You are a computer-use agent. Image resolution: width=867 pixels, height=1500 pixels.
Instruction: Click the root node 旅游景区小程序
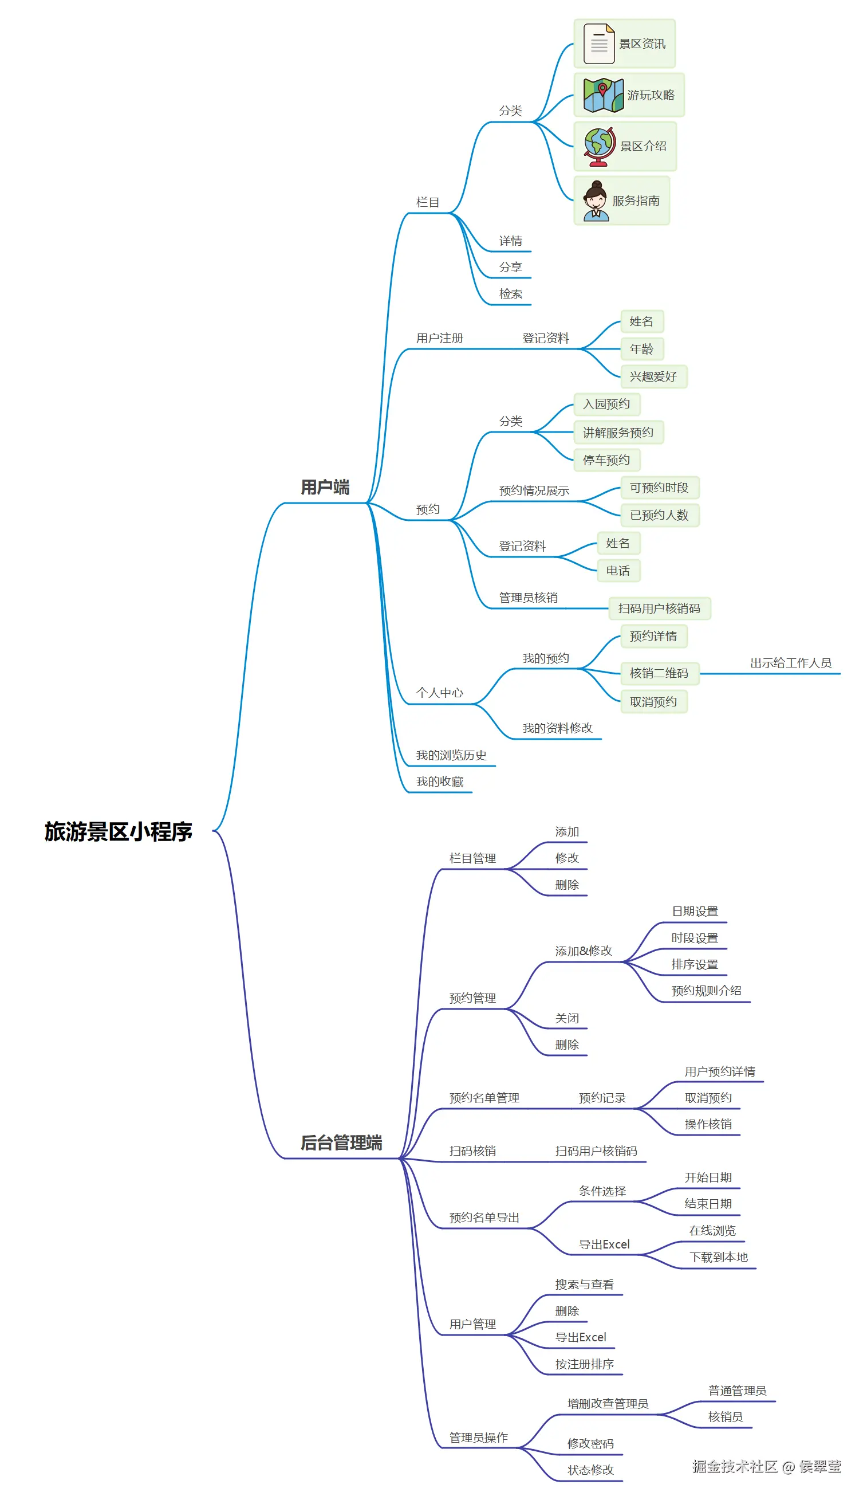pyautogui.click(x=119, y=831)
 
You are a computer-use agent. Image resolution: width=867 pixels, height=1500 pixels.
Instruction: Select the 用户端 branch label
pyautogui.click(x=325, y=487)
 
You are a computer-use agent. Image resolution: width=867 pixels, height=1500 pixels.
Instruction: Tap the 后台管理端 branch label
pyautogui.click(x=341, y=1142)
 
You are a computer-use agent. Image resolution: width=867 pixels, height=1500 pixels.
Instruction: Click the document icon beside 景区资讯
pyautogui.click(x=598, y=44)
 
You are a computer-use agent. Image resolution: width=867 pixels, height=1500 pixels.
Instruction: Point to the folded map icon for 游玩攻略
pyautogui.click(x=603, y=95)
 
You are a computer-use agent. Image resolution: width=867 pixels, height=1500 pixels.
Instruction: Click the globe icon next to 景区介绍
pyautogui.click(x=598, y=147)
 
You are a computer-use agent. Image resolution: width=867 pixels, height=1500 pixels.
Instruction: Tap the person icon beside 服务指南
pyautogui.click(x=596, y=201)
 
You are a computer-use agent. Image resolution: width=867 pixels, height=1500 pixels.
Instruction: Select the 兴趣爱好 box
pyautogui.click(x=653, y=376)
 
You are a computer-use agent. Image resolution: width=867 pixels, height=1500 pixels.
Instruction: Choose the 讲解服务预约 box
pyautogui.click(x=618, y=432)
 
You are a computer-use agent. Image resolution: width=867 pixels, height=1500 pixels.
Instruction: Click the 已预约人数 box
pyautogui.click(x=659, y=515)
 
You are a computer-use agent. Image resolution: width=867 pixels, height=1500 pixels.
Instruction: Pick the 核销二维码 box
pyautogui.click(x=659, y=673)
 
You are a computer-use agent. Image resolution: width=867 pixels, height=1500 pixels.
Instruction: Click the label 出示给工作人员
pyautogui.click(x=790, y=662)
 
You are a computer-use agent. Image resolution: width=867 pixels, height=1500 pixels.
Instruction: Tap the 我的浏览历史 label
pyautogui.click(x=451, y=755)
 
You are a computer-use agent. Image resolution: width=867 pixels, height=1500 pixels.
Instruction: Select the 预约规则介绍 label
pyautogui.click(x=706, y=990)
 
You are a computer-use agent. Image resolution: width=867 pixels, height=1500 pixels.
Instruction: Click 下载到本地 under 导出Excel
pyautogui.click(x=718, y=1256)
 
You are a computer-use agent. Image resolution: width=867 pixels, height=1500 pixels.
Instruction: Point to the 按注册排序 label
pyautogui.click(x=584, y=1364)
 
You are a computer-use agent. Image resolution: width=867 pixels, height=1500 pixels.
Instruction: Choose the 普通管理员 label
pyautogui.click(x=736, y=1390)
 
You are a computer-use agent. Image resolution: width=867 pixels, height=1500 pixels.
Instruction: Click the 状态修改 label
pyautogui.click(x=590, y=1470)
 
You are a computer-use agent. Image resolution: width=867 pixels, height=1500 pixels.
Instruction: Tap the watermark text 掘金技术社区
pyautogui.click(x=734, y=1466)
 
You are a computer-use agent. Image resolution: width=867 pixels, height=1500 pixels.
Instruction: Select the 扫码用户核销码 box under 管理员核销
pyautogui.click(x=659, y=608)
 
